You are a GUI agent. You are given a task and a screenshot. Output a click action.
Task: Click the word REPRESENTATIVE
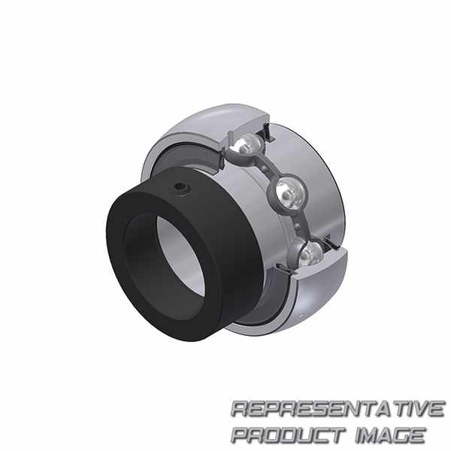(x=337, y=409)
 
